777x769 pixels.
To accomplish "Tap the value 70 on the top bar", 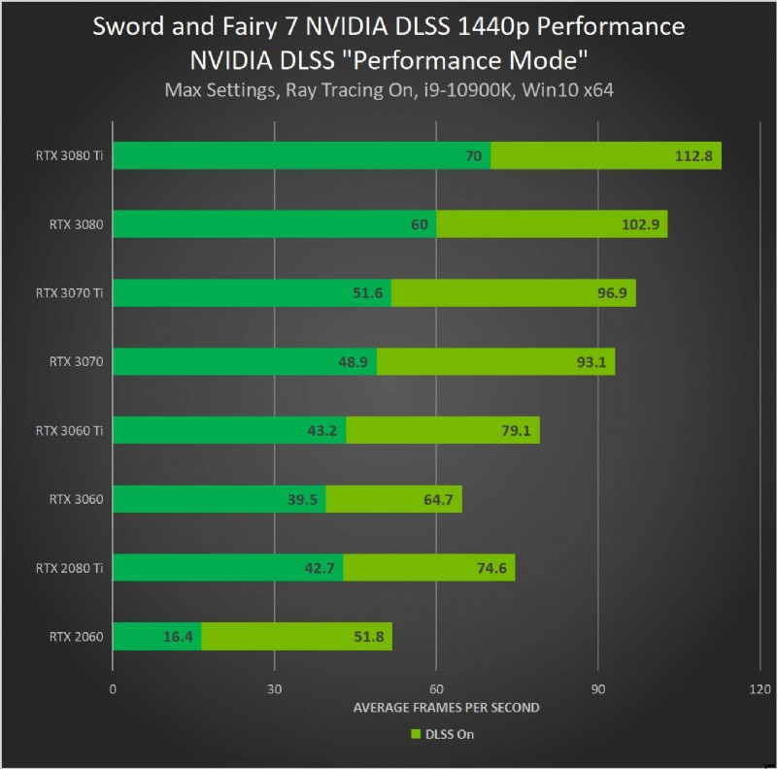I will tap(474, 155).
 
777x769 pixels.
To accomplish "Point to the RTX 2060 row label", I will tap(76, 637).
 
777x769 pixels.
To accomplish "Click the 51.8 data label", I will tap(367, 637).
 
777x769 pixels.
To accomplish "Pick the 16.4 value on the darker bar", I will tap(178, 637).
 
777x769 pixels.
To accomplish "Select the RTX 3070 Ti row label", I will tap(69, 292).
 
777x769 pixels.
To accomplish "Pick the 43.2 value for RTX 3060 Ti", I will tap(321, 430).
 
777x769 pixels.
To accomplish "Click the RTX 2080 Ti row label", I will tap(69, 568).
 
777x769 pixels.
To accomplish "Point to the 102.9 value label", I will tap(641, 224).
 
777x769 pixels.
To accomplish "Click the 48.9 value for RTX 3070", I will tap(353, 361).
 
